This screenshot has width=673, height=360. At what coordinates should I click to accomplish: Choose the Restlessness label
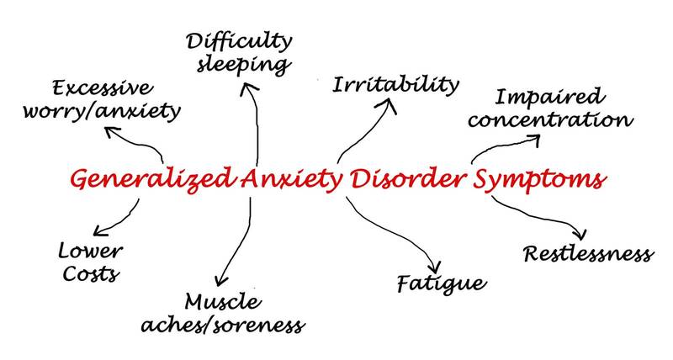(x=587, y=252)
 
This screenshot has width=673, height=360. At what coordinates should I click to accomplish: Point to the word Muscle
(x=223, y=301)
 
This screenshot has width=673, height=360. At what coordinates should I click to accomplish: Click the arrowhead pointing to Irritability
(x=390, y=104)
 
